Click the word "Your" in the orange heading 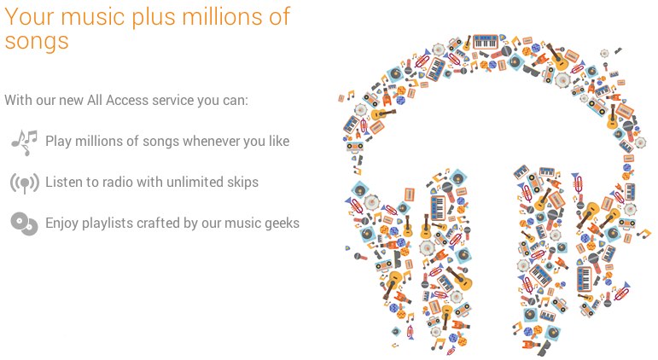point(29,17)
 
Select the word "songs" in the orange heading point(37,42)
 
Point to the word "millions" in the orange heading point(224,16)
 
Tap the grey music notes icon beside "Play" point(25,142)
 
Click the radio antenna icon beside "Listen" point(25,183)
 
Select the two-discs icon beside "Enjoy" point(25,224)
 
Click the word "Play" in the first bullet point(58,142)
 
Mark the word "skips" point(243,183)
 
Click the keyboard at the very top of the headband point(486,42)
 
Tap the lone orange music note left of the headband point(351,95)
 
